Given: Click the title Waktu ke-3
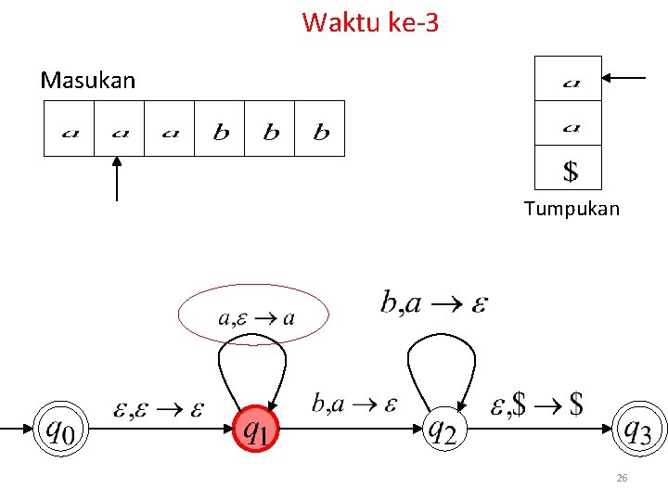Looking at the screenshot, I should [x=370, y=21].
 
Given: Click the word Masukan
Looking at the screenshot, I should [x=88, y=81].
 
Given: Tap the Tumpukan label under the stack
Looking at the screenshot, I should [x=572, y=209].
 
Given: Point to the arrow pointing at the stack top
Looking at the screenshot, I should [x=624, y=79].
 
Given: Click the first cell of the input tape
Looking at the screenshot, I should [x=70, y=129].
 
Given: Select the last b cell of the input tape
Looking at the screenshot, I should [x=320, y=129].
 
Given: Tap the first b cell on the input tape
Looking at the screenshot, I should [x=220, y=129].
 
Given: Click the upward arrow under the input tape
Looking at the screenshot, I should [x=116, y=178].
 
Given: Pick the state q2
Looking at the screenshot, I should [x=442, y=430].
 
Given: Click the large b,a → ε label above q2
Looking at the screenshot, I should [x=434, y=302].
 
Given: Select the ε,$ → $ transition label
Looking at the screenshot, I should [x=537, y=404].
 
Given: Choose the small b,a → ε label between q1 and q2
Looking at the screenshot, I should [x=353, y=404].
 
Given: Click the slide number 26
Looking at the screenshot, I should [x=622, y=478].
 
